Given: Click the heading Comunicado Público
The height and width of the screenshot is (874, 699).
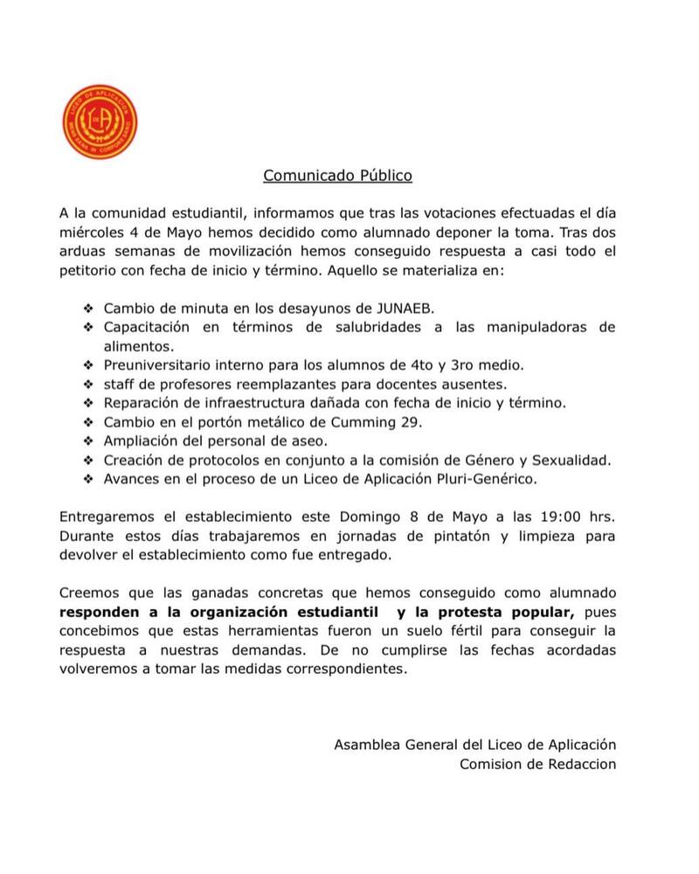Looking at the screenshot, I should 337,176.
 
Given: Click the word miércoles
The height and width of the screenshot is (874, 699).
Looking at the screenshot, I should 93,233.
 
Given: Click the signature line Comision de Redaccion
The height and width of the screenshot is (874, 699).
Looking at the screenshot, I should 538,764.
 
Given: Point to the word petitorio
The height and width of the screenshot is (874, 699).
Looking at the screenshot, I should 92,271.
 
